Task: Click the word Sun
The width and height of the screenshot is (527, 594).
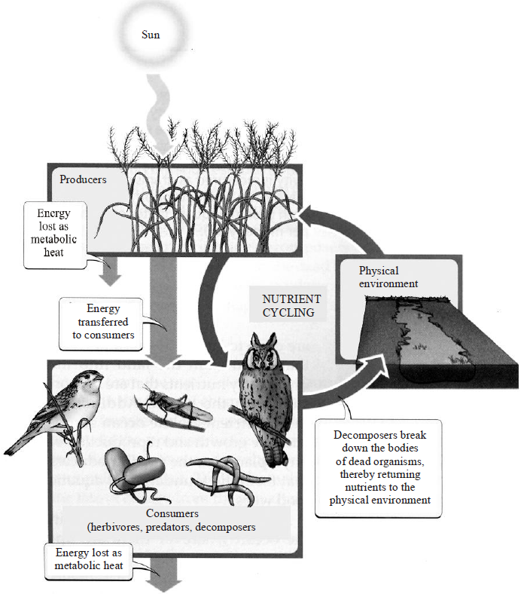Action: (x=151, y=35)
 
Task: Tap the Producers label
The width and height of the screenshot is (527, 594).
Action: (x=83, y=179)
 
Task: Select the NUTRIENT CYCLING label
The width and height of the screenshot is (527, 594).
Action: (x=291, y=305)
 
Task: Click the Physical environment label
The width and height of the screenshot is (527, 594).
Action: (x=388, y=277)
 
